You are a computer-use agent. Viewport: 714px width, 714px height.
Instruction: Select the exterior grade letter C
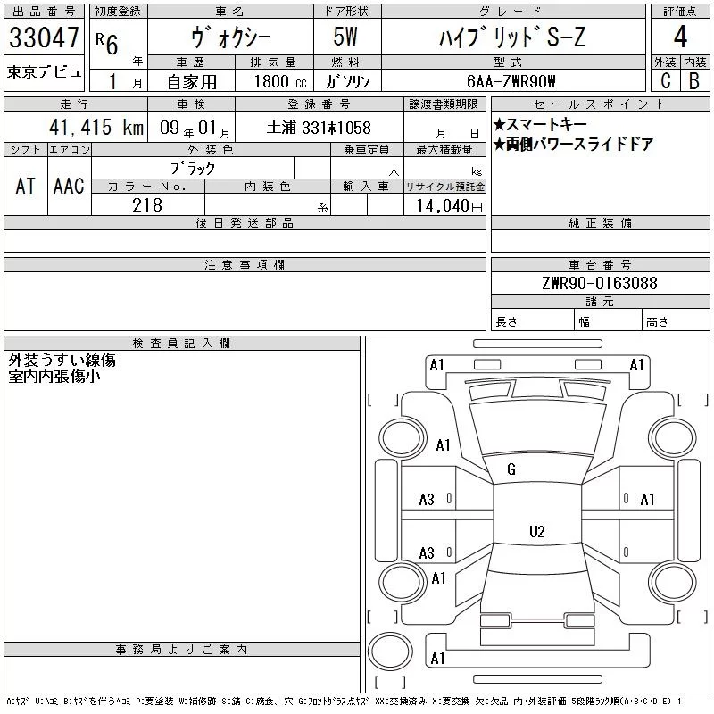pos(665,80)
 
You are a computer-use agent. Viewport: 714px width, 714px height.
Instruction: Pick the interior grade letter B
pos(693,80)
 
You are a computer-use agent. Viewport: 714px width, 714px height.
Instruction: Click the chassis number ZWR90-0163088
pos(599,284)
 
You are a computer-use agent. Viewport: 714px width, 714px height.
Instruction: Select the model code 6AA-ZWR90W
pos(511,81)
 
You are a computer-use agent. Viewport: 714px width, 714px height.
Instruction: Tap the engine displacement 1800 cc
pos(278,81)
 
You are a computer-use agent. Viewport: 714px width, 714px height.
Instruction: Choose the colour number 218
pos(147,205)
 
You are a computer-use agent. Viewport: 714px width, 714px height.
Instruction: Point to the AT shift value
pos(26,186)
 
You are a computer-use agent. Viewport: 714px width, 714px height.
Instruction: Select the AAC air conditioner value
pos(69,186)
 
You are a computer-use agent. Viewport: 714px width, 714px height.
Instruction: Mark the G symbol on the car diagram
pos(511,469)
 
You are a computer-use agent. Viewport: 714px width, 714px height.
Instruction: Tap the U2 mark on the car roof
pos(536,532)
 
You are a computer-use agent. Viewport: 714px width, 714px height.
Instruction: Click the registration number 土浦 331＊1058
pos(319,128)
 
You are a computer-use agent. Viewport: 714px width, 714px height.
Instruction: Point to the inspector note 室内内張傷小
pos(54,377)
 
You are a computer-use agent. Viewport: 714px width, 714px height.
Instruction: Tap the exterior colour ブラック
pos(193,168)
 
